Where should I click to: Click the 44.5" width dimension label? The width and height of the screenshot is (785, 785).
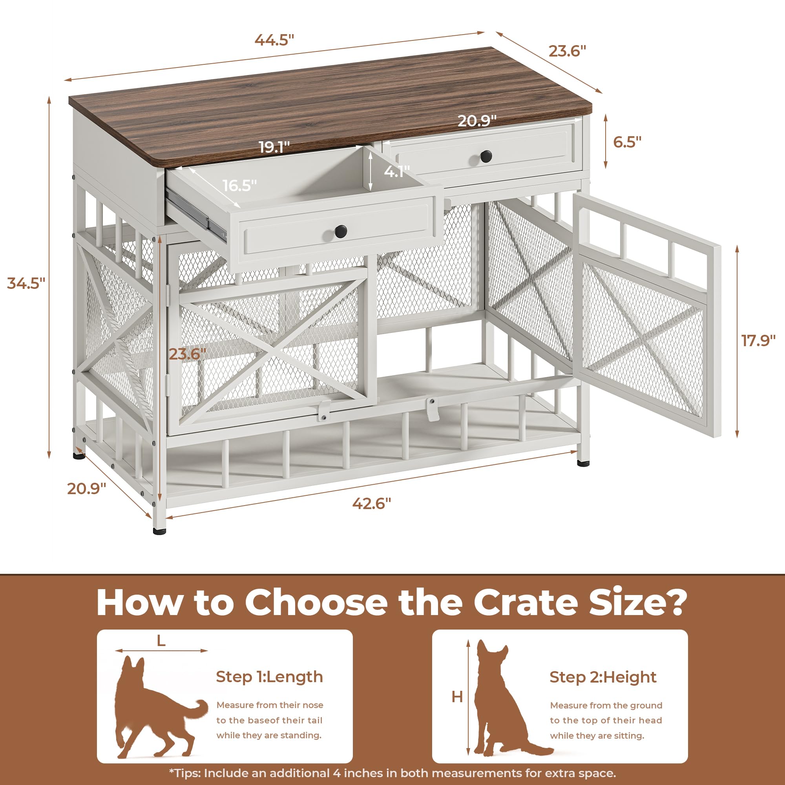coord(274,40)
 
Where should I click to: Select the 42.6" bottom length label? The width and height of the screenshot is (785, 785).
coord(371,504)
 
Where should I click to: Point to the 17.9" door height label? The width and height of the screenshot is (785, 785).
coord(758,340)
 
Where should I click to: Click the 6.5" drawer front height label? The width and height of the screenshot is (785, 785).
coord(627,142)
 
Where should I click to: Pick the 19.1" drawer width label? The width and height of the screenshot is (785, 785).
coord(275,147)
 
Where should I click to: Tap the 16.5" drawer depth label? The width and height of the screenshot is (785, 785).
coord(239,186)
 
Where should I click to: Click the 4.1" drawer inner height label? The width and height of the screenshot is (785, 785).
coord(396,172)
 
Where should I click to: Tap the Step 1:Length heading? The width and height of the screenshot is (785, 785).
coord(269,677)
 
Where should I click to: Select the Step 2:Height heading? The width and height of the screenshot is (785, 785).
coord(603,677)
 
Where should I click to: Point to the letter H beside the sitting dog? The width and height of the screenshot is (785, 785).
coord(457,697)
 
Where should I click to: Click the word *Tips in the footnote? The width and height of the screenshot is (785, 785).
coord(185,773)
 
